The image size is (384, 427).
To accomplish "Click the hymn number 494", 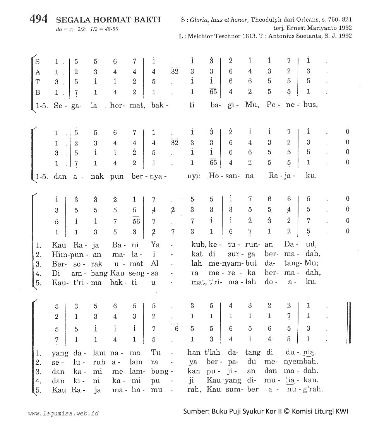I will tap(39, 19).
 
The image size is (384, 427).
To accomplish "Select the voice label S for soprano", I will tap(38, 61).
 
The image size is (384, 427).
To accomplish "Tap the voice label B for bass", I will tap(38, 92).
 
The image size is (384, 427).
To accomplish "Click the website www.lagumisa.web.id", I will tap(63, 413).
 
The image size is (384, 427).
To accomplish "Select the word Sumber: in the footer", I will tap(196, 411).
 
